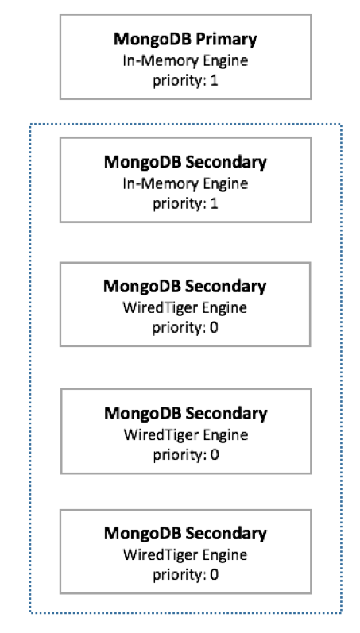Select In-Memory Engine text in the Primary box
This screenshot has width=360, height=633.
(x=185, y=61)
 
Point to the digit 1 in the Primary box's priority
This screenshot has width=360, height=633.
(x=215, y=80)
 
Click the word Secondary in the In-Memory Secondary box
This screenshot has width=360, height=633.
(x=226, y=162)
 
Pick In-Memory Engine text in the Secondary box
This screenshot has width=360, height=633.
(x=185, y=184)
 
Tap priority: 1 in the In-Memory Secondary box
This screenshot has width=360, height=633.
(x=185, y=204)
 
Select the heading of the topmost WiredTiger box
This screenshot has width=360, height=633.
(x=185, y=286)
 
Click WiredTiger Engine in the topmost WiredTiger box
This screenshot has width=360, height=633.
(x=184, y=307)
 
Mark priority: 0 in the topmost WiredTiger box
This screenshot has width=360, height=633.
(x=185, y=327)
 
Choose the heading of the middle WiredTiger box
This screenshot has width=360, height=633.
(x=186, y=413)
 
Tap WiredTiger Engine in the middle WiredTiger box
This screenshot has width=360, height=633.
(x=186, y=434)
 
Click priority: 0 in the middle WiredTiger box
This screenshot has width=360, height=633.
(x=186, y=455)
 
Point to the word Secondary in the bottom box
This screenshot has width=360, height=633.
(x=226, y=534)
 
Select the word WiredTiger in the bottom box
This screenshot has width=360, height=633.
(x=160, y=554)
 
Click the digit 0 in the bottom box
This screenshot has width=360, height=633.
(x=215, y=574)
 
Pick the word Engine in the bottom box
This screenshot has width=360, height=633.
(x=225, y=555)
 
